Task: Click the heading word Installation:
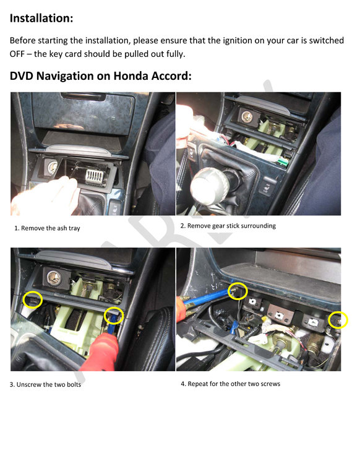41,18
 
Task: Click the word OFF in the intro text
17,54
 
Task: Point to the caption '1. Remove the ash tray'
48,228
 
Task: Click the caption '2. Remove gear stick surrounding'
228,226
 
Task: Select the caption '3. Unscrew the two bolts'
45,384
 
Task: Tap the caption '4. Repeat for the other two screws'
231,384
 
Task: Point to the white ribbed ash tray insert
95,176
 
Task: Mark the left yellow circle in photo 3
33,300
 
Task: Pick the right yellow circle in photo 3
114,316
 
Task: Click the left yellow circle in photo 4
238,291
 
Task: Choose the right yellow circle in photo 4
338,320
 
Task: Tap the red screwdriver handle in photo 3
101,352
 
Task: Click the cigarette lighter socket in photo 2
246,117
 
